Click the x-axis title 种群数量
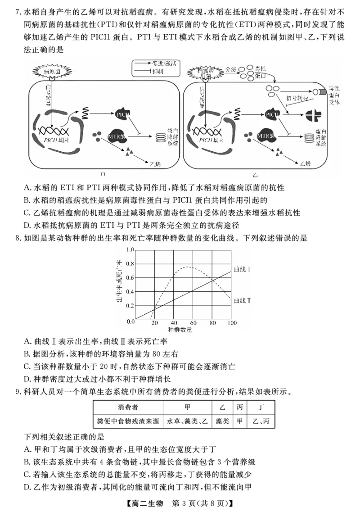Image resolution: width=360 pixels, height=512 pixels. [183, 330]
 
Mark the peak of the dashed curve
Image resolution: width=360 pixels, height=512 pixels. [188, 267]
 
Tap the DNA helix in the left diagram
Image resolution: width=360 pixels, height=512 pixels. [55, 132]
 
